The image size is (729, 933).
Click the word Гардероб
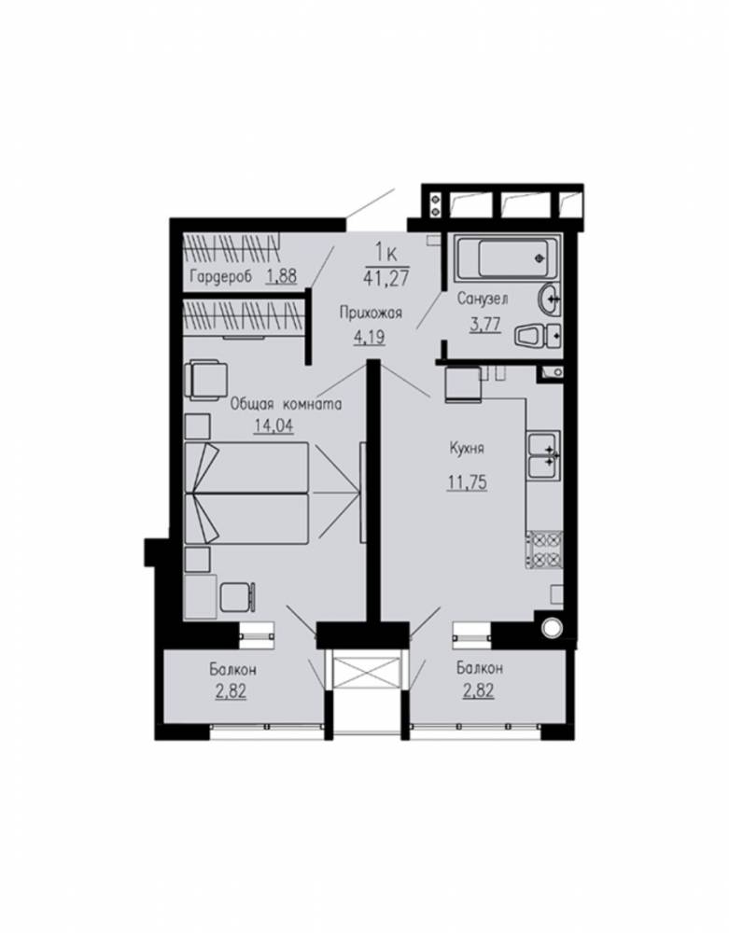click(221, 277)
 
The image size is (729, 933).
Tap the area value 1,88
click(281, 276)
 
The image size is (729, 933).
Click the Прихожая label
click(372, 313)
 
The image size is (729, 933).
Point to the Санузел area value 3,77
click(485, 325)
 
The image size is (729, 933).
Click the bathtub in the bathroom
click(508, 258)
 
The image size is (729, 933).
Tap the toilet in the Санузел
click(539, 336)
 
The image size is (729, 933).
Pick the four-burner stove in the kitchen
click(544, 550)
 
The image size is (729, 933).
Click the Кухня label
click(467, 448)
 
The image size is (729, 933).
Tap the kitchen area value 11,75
click(467, 482)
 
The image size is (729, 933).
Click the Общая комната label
click(286, 405)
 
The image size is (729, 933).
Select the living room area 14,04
click(273, 426)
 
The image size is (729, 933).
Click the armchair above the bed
click(206, 382)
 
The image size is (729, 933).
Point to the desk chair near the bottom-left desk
click(239, 597)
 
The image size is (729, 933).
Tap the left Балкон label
click(232, 669)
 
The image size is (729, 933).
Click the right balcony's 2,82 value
click(479, 691)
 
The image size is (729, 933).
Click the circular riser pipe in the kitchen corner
click(551, 628)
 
